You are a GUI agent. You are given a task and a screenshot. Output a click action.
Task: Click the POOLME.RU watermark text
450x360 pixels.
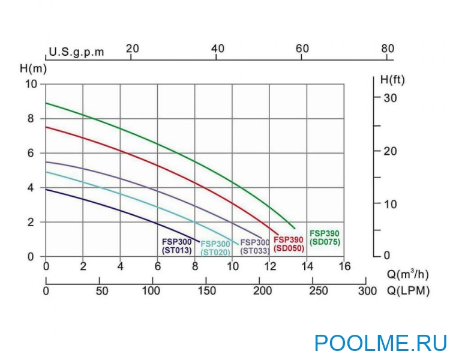click(x=380, y=343)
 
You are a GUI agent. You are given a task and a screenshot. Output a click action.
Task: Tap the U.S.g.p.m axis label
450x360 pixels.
click(x=76, y=52)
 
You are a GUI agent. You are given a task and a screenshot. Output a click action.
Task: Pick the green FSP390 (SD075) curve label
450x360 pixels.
click(x=325, y=237)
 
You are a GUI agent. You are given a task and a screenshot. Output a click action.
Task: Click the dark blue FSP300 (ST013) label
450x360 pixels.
click(x=177, y=247)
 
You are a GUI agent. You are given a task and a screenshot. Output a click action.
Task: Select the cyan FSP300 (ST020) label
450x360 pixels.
click(x=215, y=248)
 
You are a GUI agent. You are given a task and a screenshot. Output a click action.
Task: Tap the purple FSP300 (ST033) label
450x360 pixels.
click(x=254, y=247)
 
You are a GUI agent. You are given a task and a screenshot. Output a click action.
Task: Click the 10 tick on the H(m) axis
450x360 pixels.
click(x=31, y=84)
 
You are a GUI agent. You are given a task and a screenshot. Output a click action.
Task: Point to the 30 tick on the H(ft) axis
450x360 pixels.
click(x=389, y=98)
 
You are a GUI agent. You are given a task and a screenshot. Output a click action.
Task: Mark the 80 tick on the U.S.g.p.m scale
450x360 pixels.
click(x=388, y=49)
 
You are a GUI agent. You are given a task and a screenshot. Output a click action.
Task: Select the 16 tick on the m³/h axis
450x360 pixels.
click(x=344, y=266)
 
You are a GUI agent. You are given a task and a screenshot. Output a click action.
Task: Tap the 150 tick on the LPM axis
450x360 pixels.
click(x=206, y=291)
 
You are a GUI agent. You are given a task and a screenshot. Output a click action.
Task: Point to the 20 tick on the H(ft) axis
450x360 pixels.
click(x=389, y=151)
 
